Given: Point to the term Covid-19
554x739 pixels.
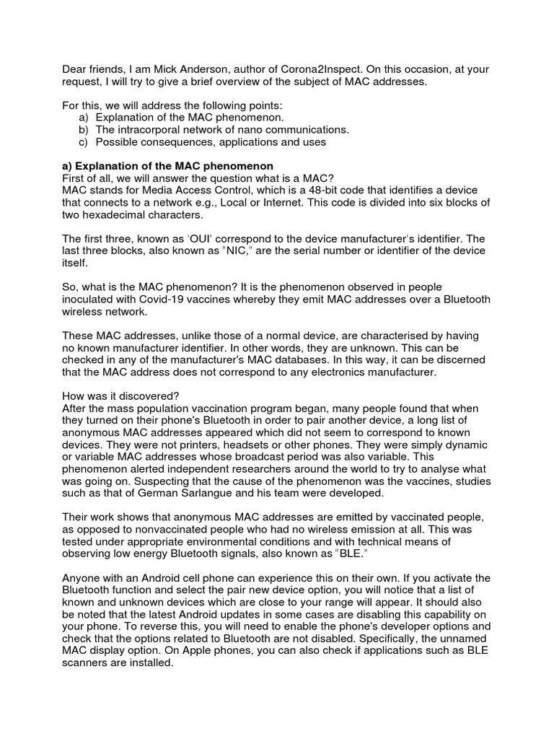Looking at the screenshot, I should tap(180, 299).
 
